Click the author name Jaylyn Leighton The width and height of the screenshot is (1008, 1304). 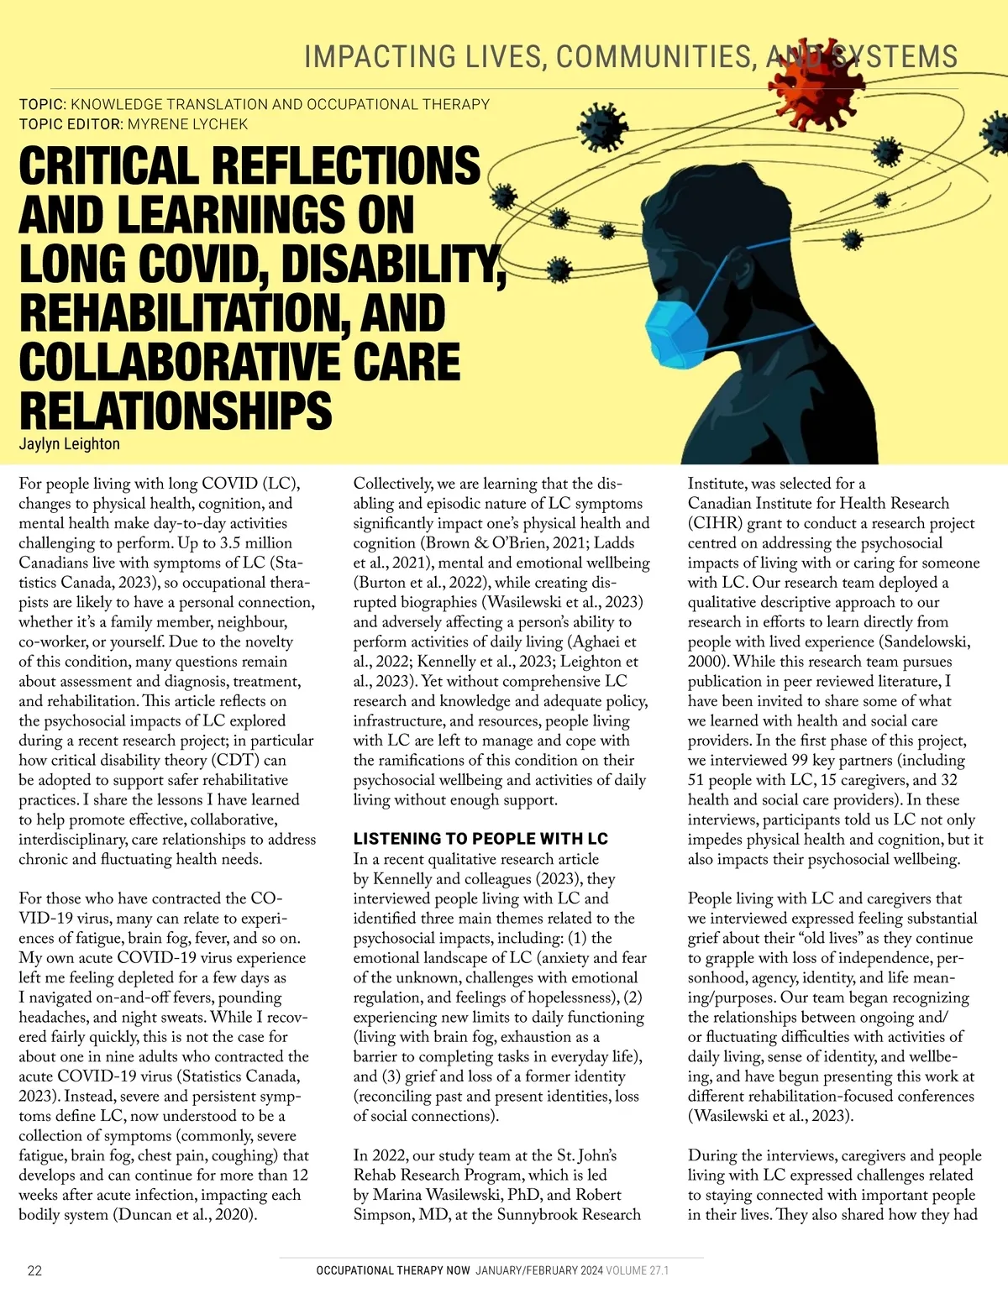point(69,443)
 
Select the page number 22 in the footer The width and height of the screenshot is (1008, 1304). point(34,1270)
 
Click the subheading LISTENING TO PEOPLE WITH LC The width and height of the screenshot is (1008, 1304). point(480,839)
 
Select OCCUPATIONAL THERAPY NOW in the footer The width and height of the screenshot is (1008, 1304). point(393,1270)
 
